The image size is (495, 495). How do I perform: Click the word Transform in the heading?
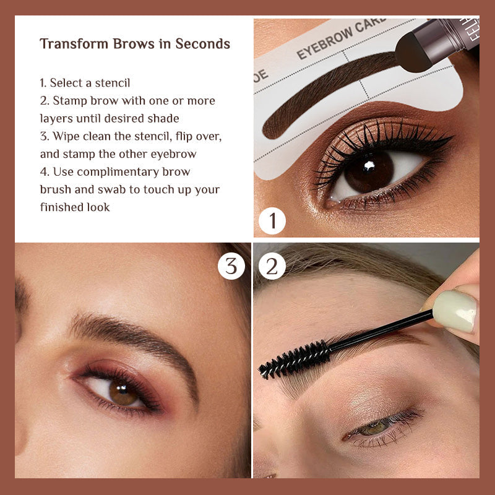click(x=74, y=43)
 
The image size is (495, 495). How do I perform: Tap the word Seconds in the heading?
click(x=203, y=43)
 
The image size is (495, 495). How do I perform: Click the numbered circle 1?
click(x=272, y=221)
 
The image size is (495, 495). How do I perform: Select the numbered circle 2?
click(x=272, y=266)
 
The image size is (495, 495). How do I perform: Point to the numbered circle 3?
click(x=231, y=266)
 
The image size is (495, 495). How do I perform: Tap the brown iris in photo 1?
click(x=369, y=172)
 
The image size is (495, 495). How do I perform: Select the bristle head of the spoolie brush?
click(x=295, y=360)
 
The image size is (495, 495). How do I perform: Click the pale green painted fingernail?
click(x=455, y=311)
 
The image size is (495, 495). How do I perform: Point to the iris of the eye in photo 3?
click(x=123, y=392)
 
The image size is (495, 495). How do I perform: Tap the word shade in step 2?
click(x=163, y=118)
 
